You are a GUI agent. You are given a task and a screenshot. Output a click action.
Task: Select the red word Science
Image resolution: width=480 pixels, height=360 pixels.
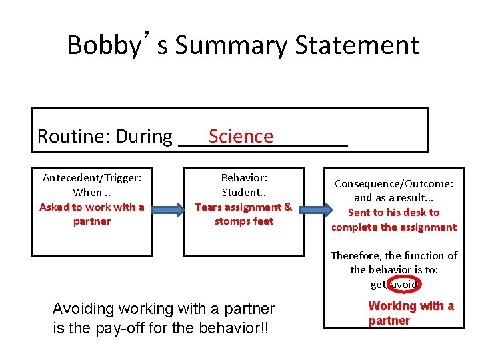pyautogui.click(x=241, y=137)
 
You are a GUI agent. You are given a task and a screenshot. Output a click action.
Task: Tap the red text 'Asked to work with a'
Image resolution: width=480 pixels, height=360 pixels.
pyautogui.click(x=92, y=207)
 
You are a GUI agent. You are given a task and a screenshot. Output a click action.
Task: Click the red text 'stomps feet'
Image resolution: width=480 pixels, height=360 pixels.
pyautogui.click(x=244, y=221)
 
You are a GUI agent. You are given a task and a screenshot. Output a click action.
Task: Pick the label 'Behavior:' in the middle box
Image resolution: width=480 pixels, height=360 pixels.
pyautogui.click(x=244, y=178)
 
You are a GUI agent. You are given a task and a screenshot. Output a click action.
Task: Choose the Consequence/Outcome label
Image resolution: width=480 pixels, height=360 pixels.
pyautogui.click(x=394, y=183)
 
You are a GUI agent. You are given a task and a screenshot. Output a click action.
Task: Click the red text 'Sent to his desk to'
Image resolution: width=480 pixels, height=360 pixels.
pyautogui.click(x=394, y=213)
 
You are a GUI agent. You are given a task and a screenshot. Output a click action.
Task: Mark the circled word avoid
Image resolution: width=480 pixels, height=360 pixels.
pyautogui.click(x=404, y=285)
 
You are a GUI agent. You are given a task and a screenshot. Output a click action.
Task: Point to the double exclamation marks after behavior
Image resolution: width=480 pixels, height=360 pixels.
pyautogui.click(x=263, y=329)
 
